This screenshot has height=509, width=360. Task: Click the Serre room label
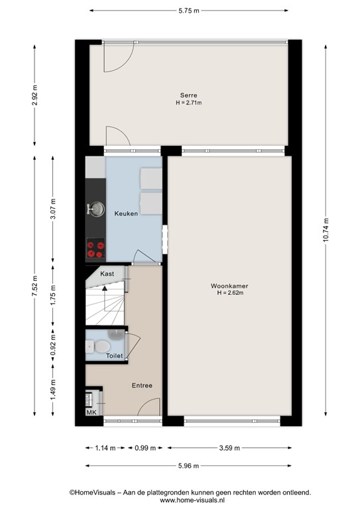[x=189, y=95]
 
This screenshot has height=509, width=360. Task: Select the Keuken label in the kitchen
[x=126, y=214]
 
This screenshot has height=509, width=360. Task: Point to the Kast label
[x=107, y=273]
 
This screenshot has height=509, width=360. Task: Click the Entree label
[x=142, y=385]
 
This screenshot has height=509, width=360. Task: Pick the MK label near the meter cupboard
[x=91, y=412]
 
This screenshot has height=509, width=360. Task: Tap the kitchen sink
[x=95, y=209]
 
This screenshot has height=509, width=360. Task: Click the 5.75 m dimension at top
[x=189, y=11]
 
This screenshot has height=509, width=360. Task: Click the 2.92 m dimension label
[x=34, y=97]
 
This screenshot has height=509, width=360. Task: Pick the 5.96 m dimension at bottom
[x=189, y=465]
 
